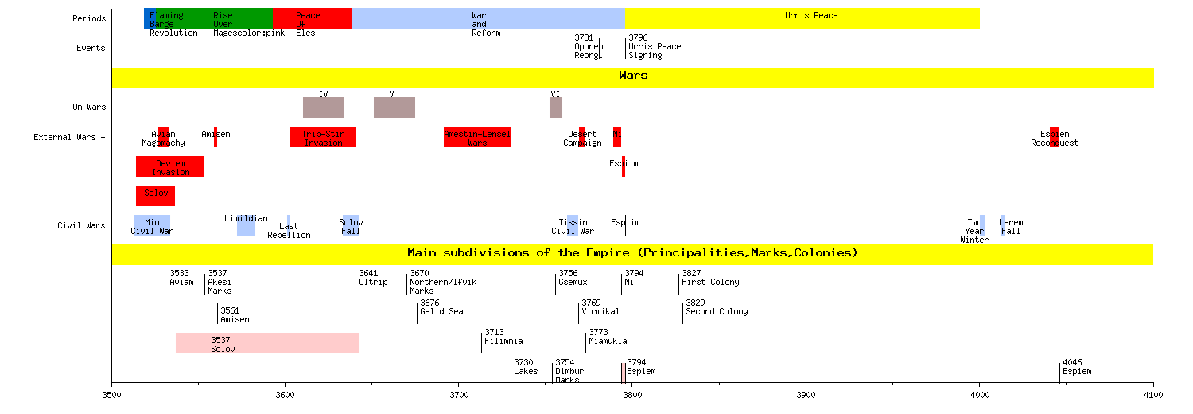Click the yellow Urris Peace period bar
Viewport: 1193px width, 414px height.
point(802,18)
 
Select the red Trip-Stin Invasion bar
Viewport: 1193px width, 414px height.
point(322,137)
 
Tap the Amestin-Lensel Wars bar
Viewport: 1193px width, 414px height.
point(476,137)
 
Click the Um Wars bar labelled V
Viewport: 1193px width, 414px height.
point(394,107)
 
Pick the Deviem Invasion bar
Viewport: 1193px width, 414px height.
point(170,166)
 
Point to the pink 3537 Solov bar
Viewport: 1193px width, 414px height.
point(267,343)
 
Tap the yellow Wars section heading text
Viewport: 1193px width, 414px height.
point(633,76)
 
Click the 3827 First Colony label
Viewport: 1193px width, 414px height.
point(710,278)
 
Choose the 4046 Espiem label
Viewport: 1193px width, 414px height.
point(1077,367)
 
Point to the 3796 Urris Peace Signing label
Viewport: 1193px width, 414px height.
point(655,46)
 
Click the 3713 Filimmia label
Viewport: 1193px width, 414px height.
point(503,337)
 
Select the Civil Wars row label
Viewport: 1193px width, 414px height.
point(81,225)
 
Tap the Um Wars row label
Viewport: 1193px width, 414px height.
point(88,107)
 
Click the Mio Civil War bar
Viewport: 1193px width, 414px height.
point(152,226)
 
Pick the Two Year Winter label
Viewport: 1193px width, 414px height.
point(974,231)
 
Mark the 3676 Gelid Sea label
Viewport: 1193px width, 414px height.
point(441,307)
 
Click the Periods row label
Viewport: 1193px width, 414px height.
point(88,18)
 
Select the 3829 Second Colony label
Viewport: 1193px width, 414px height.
point(716,307)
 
